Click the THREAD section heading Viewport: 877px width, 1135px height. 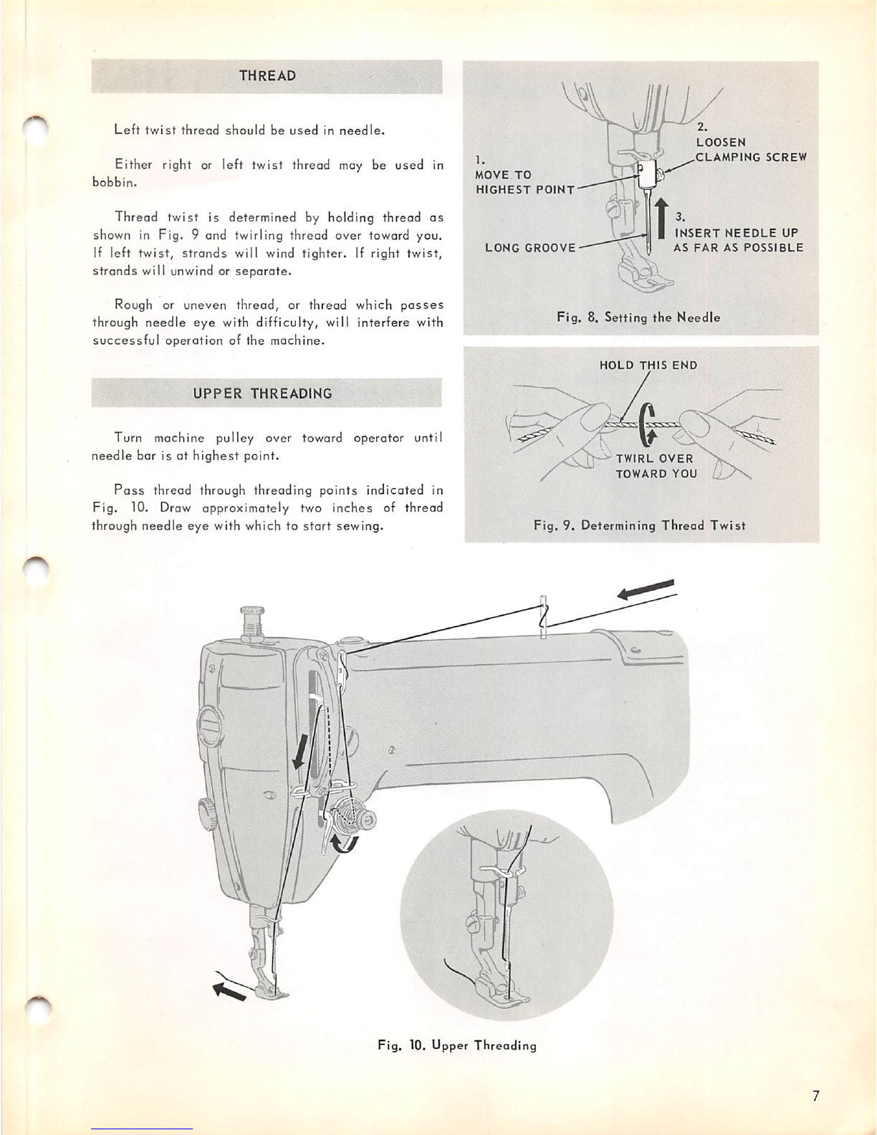[267, 76]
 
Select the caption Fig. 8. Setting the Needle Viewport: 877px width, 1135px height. [638, 317]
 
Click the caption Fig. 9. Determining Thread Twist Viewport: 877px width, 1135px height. [640, 525]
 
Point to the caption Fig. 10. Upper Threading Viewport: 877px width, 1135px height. [457, 1045]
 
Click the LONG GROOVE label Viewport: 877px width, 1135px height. [530, 248]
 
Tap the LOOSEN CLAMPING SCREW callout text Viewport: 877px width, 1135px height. [751, 150]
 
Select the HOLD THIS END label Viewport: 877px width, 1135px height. [648, 365]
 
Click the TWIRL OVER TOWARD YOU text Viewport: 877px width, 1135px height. [655, 466]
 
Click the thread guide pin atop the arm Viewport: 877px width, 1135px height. [543, 613]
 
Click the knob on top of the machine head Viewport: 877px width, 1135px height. [251, 619]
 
